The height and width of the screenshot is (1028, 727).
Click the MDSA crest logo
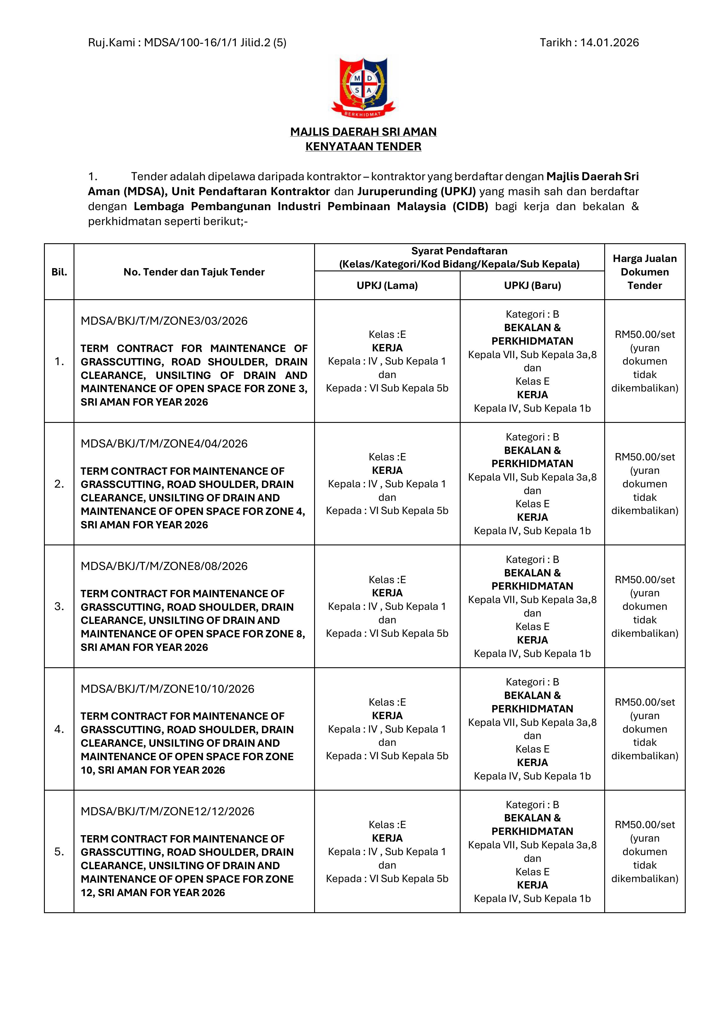tap(363, 87)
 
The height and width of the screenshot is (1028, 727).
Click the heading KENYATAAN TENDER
tap(363, 147)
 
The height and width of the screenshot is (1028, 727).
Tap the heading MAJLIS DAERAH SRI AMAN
tap(363, 132)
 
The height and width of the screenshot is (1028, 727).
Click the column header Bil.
tap(59, 272)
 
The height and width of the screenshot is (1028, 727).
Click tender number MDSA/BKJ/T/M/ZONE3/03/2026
tap(164, 321)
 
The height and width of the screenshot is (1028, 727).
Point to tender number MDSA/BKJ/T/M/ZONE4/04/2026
tap(164, 443)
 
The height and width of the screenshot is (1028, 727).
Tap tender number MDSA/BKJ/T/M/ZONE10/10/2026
tap(167, 689)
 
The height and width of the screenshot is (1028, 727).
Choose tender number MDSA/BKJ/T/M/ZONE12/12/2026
tap(167, 811)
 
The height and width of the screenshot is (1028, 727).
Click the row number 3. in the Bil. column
tap(59, 606)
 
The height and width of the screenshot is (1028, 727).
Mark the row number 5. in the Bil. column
tap(59, 852)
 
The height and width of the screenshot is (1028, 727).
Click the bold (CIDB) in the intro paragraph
tap(470, 206)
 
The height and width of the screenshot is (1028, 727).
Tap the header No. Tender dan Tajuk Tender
tap(194, 272)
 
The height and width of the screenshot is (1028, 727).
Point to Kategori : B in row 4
tap(532, 682)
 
